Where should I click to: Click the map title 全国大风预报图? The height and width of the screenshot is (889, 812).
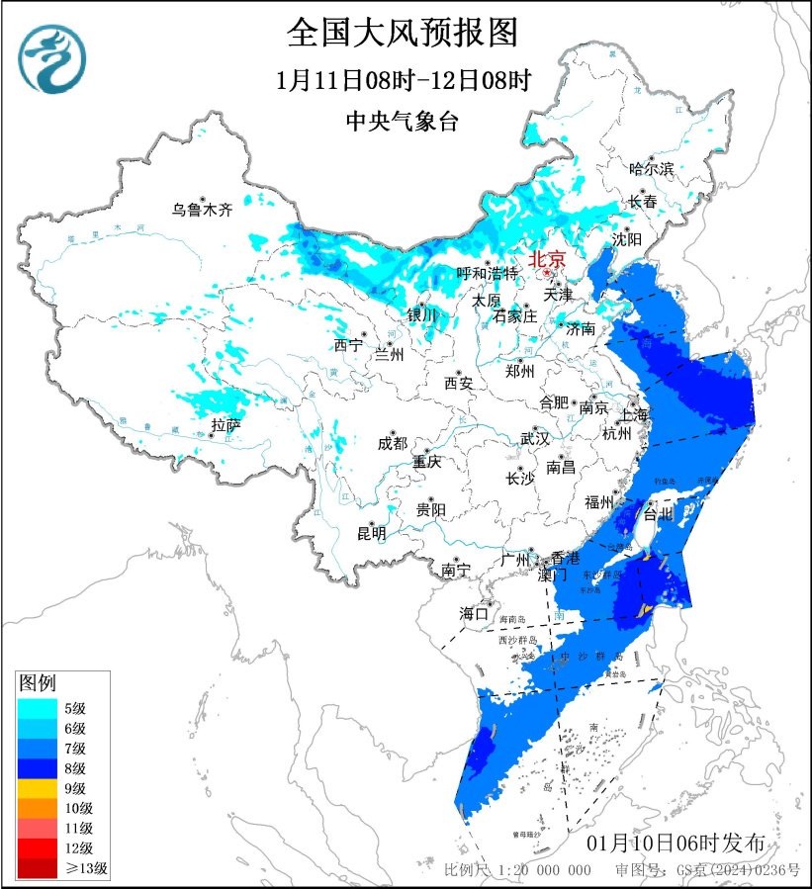tap(402, 33)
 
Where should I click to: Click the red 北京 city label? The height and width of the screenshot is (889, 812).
tap(547, 260)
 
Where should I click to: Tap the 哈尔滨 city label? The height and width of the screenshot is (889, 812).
tap(652, 169)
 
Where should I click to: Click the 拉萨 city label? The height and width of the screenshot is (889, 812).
tap(226, 426)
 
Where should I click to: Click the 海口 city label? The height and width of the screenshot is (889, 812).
tap(474, 614)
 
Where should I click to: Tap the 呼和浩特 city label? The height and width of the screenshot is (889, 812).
tap(487, 273)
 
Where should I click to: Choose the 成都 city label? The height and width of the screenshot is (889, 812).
tap(392, 444)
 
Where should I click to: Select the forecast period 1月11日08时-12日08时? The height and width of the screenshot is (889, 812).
tap(402, 80)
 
